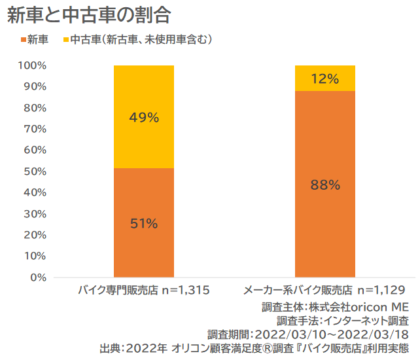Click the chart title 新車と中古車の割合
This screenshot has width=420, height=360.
[90, 16]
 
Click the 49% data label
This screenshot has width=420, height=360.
[144, 118]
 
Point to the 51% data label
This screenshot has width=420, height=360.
[144, 223]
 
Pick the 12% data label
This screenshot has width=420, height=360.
[324, 79]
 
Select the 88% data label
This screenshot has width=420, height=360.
[324, 185]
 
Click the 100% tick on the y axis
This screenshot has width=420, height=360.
[32, 65]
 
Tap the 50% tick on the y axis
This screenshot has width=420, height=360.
[35, 171]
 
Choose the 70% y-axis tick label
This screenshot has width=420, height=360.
[35, 129]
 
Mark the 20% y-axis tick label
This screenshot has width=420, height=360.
[35, 235]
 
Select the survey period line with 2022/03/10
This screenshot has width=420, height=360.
[308, 333]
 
